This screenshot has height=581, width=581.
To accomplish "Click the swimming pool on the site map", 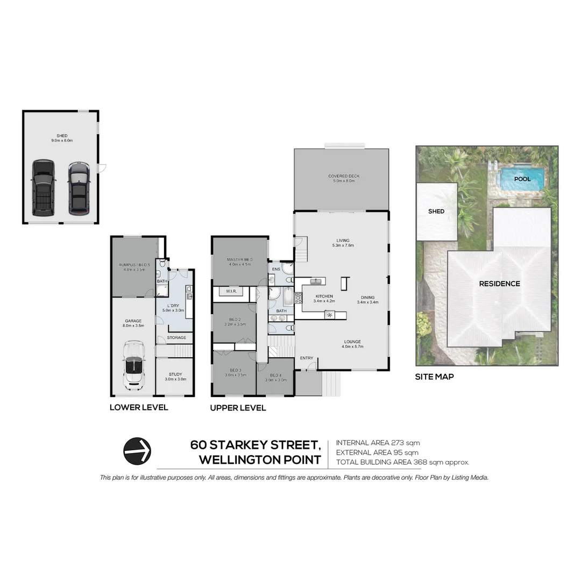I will click(x=521, y=178).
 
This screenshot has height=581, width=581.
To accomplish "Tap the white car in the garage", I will click(x=133, y=365).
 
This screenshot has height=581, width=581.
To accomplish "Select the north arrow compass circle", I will click(x=137, y=451).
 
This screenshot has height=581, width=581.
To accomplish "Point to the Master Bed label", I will click(x=240, y=261).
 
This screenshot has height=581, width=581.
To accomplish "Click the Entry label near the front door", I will click(x=307, y=358).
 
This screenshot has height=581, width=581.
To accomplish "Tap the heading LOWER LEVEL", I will click(x=139, y=408).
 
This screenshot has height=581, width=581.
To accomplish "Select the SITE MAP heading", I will click(x=434, y=377).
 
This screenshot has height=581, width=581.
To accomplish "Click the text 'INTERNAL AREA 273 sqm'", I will click(x=377, y=443).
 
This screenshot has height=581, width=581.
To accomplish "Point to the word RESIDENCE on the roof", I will click(x=499, y=284).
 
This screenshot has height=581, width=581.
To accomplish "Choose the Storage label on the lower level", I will click(x=176, y=338).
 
